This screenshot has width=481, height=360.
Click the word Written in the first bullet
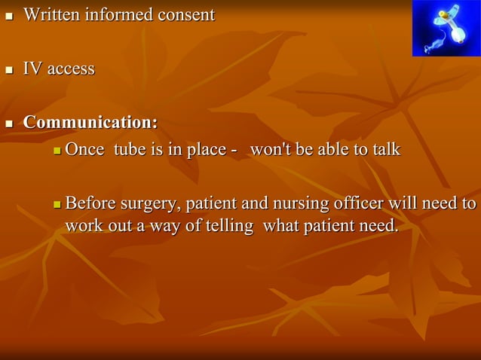tap(52, 14)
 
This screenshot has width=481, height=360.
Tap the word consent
tap(185, 14)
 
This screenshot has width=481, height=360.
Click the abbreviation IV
tap(32, 69)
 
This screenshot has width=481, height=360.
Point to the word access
tap(71, 69)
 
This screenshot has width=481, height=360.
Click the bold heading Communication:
tap(90, 122)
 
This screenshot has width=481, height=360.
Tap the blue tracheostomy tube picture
tap(446, 28)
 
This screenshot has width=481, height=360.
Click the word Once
tap(84, 149)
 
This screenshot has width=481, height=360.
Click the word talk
tap(385, 149)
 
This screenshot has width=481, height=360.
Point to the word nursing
tap(283, 204)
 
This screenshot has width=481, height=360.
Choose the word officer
tap(345, 204)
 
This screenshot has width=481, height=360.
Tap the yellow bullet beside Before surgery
tap(58, 205)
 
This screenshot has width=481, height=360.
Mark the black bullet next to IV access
tap(9, 71)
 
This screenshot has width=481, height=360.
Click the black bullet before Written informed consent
tap(9, 16)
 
